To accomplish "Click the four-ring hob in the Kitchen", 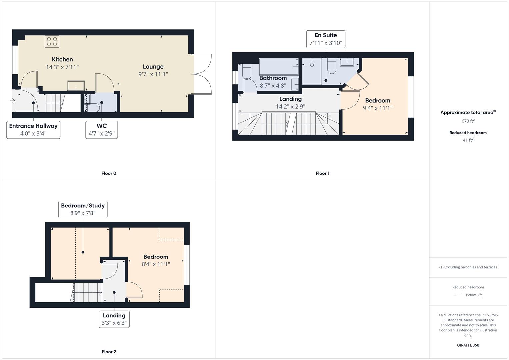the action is click(x=52, y=41).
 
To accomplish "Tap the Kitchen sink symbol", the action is click(x=76, y=85).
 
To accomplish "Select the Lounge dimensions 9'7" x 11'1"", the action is click(x=153, y=74).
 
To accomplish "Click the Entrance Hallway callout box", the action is click(x=33, y=130).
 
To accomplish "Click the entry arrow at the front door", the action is click(x=12, y=100).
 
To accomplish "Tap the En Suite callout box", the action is click(x=326, y=39).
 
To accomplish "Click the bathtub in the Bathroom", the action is click(x=279, y=67).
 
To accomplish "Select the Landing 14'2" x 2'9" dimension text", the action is click(x=290, y=106).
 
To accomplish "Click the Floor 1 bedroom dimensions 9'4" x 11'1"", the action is click(x=378, y=108).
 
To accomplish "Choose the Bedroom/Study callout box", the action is click(x=83, y=209).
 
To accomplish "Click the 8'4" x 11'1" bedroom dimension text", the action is click(x=156, y=264).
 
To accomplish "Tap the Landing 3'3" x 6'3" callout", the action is click(x=114, y=319).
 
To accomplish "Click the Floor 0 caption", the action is click(x=109, y=173).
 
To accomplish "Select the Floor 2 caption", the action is click(x=109, y=352).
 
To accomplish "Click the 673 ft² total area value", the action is click(x=468, y=121).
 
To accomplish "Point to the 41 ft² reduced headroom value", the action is click(x=468, y=140).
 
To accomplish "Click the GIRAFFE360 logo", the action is click(x=468, y=345).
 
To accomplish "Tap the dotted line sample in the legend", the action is click(x=459, y=295).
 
